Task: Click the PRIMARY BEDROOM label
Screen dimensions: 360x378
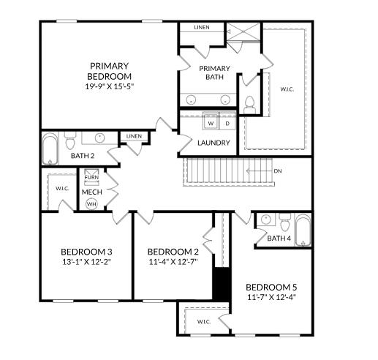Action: click(x=110, y=70)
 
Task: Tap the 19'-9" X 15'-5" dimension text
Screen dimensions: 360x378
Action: click(x=110, y=86)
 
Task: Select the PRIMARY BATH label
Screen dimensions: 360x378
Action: click(x=215, y=72)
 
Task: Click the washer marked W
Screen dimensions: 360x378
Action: click(x=210, y=122)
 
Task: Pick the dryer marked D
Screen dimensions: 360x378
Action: click(x=227, y=122)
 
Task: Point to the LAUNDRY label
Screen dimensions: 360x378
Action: click(x=214, y=143)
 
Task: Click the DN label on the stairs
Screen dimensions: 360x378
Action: click(x=278, y=171)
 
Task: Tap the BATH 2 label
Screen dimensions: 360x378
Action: click(x=82, y=155)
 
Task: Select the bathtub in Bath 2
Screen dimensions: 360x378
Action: click(x=50, y=149)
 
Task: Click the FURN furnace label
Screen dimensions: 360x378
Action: click(x=91, y=178)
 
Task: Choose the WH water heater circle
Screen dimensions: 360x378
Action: click(x=91, y=204)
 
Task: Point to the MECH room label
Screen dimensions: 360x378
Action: click(x=91, y=192)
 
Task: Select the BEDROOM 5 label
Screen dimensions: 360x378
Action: click(x=271, y=286)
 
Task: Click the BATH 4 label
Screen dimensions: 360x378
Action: click(x=279, y=239)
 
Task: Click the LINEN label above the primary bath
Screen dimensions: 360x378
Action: click(x=202, y=28)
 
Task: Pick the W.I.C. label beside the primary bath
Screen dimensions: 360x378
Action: click(x=287, y=89)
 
